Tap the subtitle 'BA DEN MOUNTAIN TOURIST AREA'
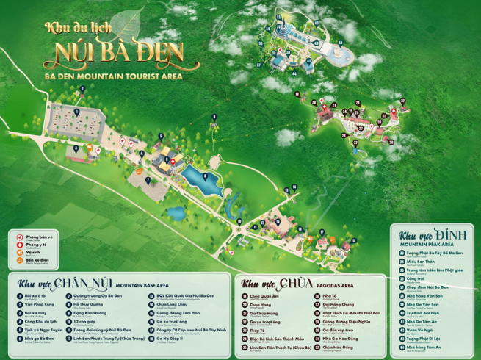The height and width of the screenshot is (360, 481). click(113, 75)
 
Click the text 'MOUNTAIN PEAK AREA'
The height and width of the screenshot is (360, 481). click(426, 245)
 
